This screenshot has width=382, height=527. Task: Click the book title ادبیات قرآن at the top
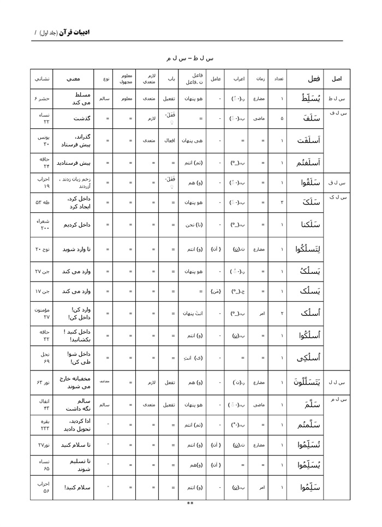coord(74,32)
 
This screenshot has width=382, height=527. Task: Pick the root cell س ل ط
coord(337,99)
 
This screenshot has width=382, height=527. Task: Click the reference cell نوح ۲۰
coord(43,249)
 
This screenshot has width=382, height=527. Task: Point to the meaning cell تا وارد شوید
coord(76,249)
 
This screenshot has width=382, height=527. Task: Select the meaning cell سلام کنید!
coord(76,487)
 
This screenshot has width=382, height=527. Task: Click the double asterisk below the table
coord(190,503)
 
